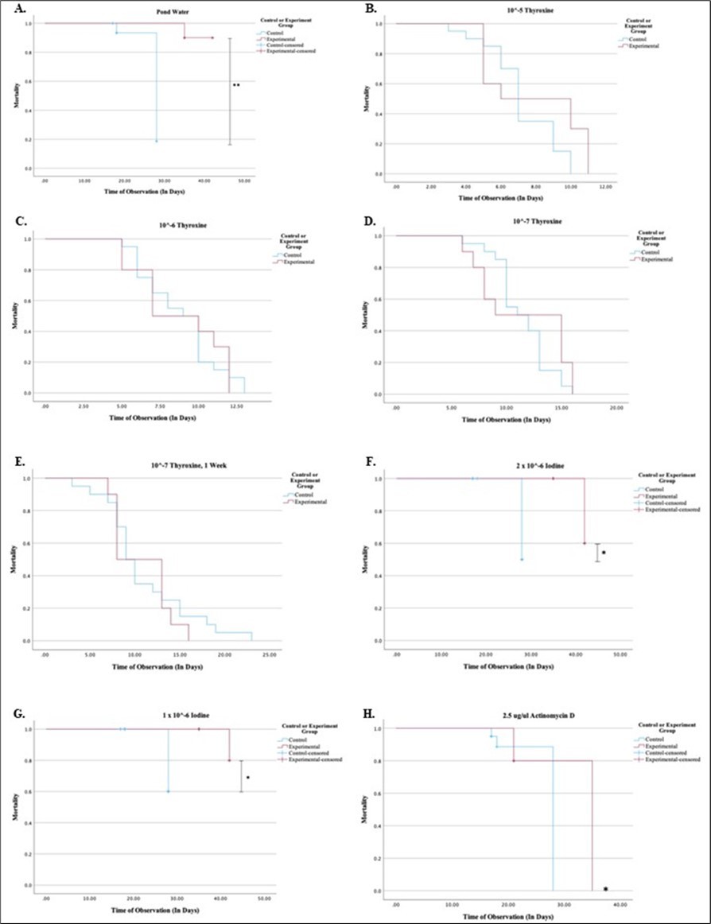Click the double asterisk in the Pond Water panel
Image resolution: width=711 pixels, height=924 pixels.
[x=236, y=84]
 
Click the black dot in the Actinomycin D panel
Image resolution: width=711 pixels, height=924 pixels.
[x=606, y=888]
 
